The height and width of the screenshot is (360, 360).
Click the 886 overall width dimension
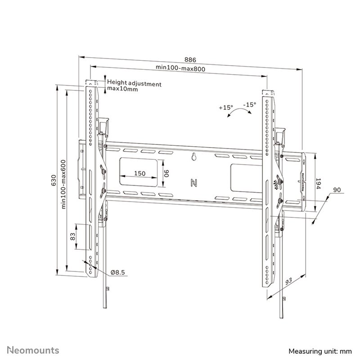[x=190, y=60]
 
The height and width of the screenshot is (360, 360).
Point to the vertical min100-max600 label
[x=63, y=184]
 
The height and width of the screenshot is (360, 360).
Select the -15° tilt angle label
[x=249, y=105]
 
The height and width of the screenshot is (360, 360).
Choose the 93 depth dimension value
[x=288, y=282]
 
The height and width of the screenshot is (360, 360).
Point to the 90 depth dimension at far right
[x=337, y=190]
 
